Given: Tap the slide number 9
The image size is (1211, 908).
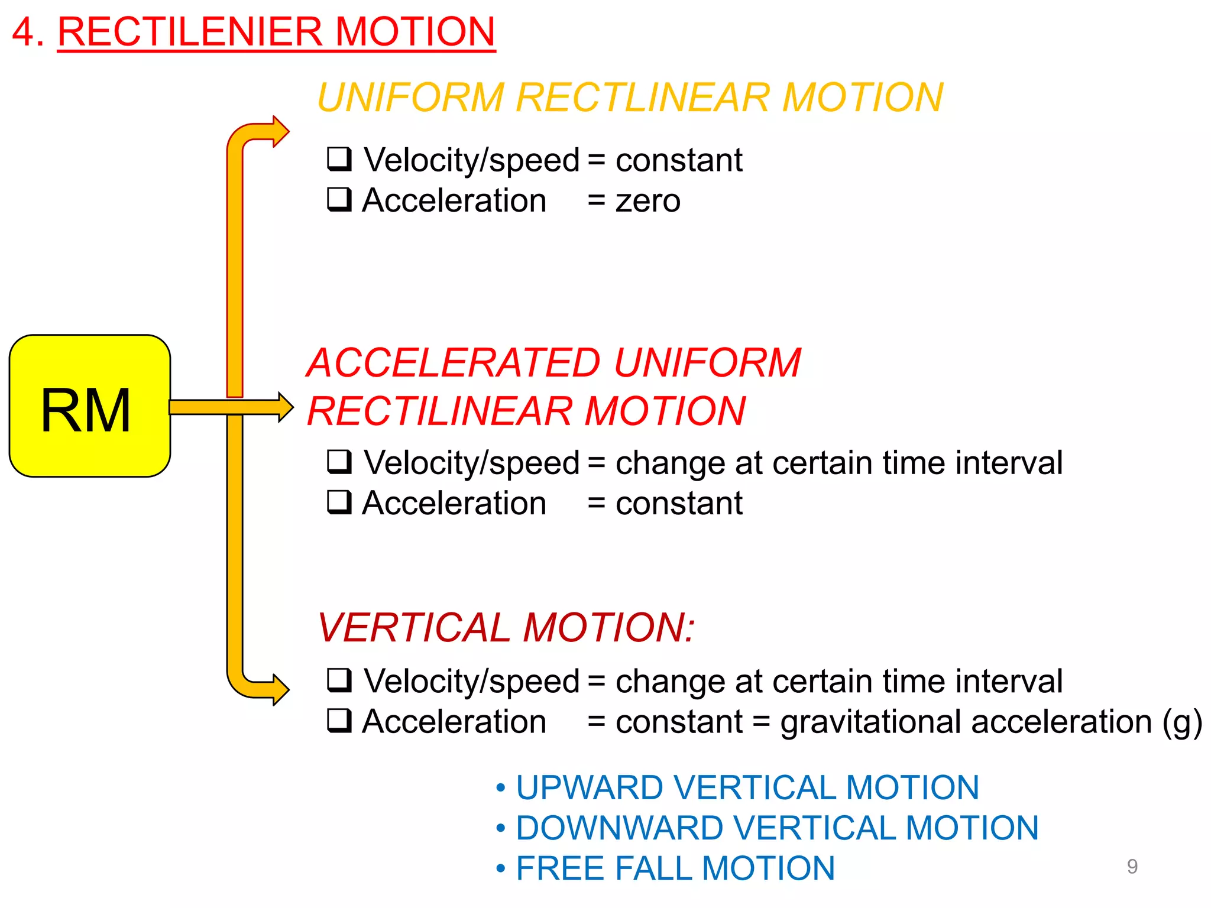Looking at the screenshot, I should (1132, 867).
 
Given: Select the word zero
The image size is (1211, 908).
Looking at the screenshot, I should (648, 201).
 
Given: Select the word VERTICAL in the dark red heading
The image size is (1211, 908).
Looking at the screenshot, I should (414, 628).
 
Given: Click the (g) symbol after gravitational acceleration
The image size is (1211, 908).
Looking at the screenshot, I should (1182, 722).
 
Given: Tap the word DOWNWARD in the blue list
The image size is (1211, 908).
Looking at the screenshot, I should (619, 828).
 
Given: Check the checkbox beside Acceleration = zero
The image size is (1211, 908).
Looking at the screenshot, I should (339, 199).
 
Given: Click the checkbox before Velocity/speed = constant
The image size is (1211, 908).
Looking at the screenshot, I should (339, 158).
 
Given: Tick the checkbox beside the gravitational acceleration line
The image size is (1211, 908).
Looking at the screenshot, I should (339, 721).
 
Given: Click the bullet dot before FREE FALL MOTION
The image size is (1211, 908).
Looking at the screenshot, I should (501, 869).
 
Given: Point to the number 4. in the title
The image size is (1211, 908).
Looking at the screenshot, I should (28, 32).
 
